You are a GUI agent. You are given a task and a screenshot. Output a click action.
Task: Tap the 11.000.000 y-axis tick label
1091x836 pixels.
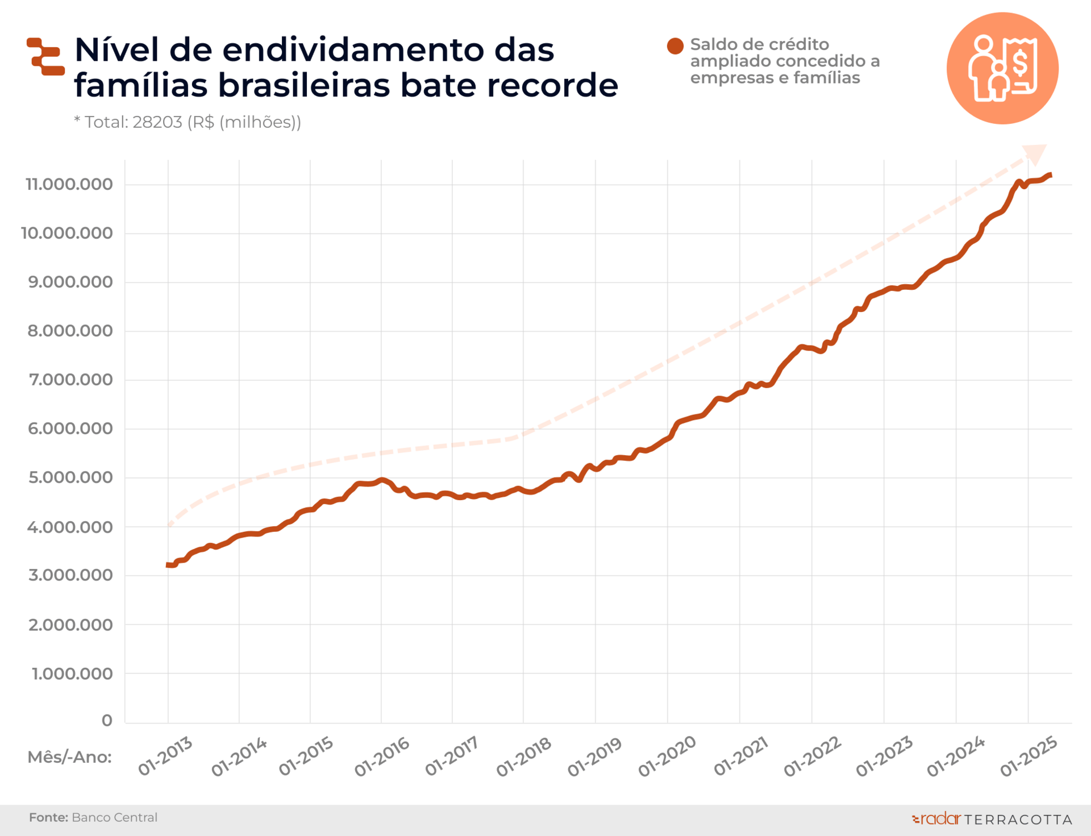pyautogui.click(x=69, y=184)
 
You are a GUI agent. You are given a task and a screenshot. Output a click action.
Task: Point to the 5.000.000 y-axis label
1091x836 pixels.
pyautogui.click(x=70, y=477)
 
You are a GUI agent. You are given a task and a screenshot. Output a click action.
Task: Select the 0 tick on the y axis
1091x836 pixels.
pyautogui.click(x=107, y=721)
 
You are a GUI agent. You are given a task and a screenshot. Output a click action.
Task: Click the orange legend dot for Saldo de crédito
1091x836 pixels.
pyautogui.click(x=675, y=46)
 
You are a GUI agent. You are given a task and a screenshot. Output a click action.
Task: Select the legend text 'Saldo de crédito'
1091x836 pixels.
pyautogui.click(x=759, y=44)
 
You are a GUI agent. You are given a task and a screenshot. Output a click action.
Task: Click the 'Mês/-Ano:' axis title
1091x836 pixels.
pyautogui.click(x=70, y=757)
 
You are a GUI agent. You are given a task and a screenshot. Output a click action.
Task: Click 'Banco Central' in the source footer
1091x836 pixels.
pyautogui.click(x=115, y=817)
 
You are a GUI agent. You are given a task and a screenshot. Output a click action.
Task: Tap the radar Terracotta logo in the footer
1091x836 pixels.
pyautogui.click(x=992, y=819)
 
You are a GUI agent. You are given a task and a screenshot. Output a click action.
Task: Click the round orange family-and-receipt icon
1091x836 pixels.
pyautogui.click(x=1002, y=68)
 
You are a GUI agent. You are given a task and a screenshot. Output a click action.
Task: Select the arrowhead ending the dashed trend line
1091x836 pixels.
pyautogui.click(x=1035, y=153)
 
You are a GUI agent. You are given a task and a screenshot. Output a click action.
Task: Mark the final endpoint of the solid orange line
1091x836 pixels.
pyautogui.click(x=1050, y=175)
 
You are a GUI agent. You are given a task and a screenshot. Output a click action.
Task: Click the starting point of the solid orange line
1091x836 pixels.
pyautogui.click(x=168, y=565)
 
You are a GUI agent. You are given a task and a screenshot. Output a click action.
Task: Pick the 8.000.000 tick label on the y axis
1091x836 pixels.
pyautogui.click(x=70, y=331)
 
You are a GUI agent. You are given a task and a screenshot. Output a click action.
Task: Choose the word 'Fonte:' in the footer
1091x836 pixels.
pyautogui.click(x=48, y=817)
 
